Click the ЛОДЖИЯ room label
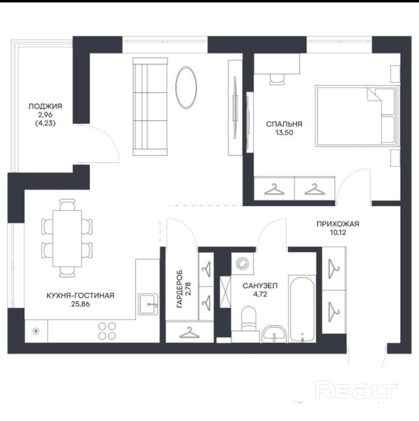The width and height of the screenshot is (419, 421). tap(45, 107)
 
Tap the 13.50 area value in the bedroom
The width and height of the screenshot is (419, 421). tap(284, 133)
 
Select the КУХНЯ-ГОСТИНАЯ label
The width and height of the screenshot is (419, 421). tap(80, 296)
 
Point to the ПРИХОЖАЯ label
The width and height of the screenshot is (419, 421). tap(338, 224)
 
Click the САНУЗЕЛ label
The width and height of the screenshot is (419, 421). tap(260, 286)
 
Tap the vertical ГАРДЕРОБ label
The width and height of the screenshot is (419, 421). tap(179, 289)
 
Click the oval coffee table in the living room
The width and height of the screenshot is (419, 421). tap(186, 87)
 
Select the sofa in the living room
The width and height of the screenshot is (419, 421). tap(150, 107)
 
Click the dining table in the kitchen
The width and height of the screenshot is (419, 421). tap(67, 239)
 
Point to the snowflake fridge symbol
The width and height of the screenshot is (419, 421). tap(36, 332)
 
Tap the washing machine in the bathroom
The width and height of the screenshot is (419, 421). tap(242, 263)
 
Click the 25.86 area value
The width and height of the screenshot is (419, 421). tap(80, 304)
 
